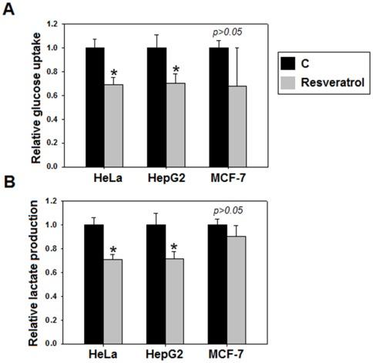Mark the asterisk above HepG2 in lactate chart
coord(175,248)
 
